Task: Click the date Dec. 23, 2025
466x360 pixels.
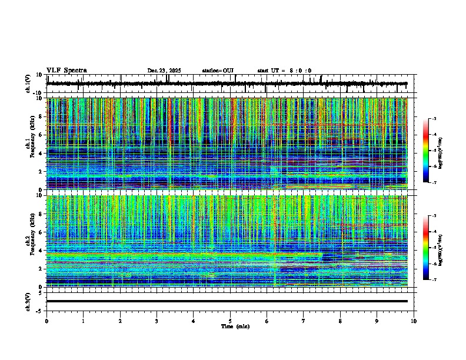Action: (x=164, y=71)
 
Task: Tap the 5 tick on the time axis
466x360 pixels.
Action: (x=230, y=321)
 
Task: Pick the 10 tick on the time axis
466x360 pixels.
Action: (x=414, y=321)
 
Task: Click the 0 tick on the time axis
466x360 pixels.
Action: (x=46, y=321)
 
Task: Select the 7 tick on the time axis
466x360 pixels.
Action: (x=304, y=321)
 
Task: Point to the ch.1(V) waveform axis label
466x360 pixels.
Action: (x=29, y=84)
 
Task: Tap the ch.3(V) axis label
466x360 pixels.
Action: (x=29, y=301)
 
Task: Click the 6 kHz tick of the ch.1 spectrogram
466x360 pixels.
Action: (x=41, y=135)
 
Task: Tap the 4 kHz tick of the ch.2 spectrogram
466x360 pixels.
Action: (x=41, y=251)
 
